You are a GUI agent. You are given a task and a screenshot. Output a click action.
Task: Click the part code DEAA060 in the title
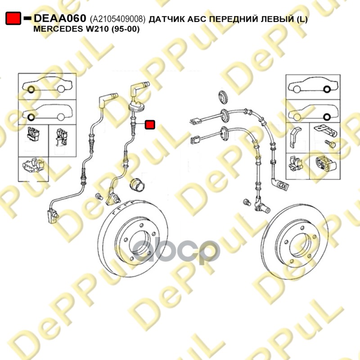(60, 18)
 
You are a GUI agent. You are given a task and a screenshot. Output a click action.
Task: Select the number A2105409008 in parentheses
(117, 19)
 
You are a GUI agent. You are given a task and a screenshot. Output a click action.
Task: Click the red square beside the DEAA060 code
(13, 18)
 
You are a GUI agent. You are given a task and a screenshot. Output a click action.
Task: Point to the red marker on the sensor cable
(150, 125)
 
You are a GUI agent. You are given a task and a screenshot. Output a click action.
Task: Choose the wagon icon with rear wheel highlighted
(313, 112)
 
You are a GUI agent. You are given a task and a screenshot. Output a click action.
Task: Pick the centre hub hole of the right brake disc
(300, 245)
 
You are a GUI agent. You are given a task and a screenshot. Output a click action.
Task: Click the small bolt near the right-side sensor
(247, 202)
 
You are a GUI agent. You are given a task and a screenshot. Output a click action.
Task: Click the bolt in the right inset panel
(330, 144)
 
